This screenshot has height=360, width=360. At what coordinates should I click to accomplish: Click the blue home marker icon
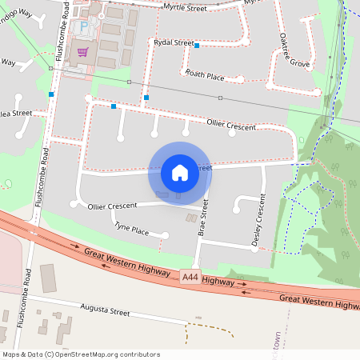click(180, 172)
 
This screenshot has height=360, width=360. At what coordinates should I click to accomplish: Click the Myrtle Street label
click(185, 9)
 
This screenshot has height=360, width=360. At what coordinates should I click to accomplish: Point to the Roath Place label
click(204, 74)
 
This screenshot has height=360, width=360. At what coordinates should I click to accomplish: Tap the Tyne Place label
click(131, 229)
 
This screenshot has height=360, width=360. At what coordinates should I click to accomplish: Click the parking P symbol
click(84, 27)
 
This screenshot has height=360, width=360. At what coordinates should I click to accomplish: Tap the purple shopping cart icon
click(83, 53)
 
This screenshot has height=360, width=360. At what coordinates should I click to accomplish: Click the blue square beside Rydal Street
click(197, 46)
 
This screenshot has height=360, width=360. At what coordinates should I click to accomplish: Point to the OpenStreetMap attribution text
click(81, 354)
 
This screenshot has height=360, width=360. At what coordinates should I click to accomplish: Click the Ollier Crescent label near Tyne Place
click(112, 206)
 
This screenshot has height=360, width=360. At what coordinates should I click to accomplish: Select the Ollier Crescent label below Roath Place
click(231, 126)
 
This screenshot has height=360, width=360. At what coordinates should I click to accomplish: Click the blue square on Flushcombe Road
click(51, 94)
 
